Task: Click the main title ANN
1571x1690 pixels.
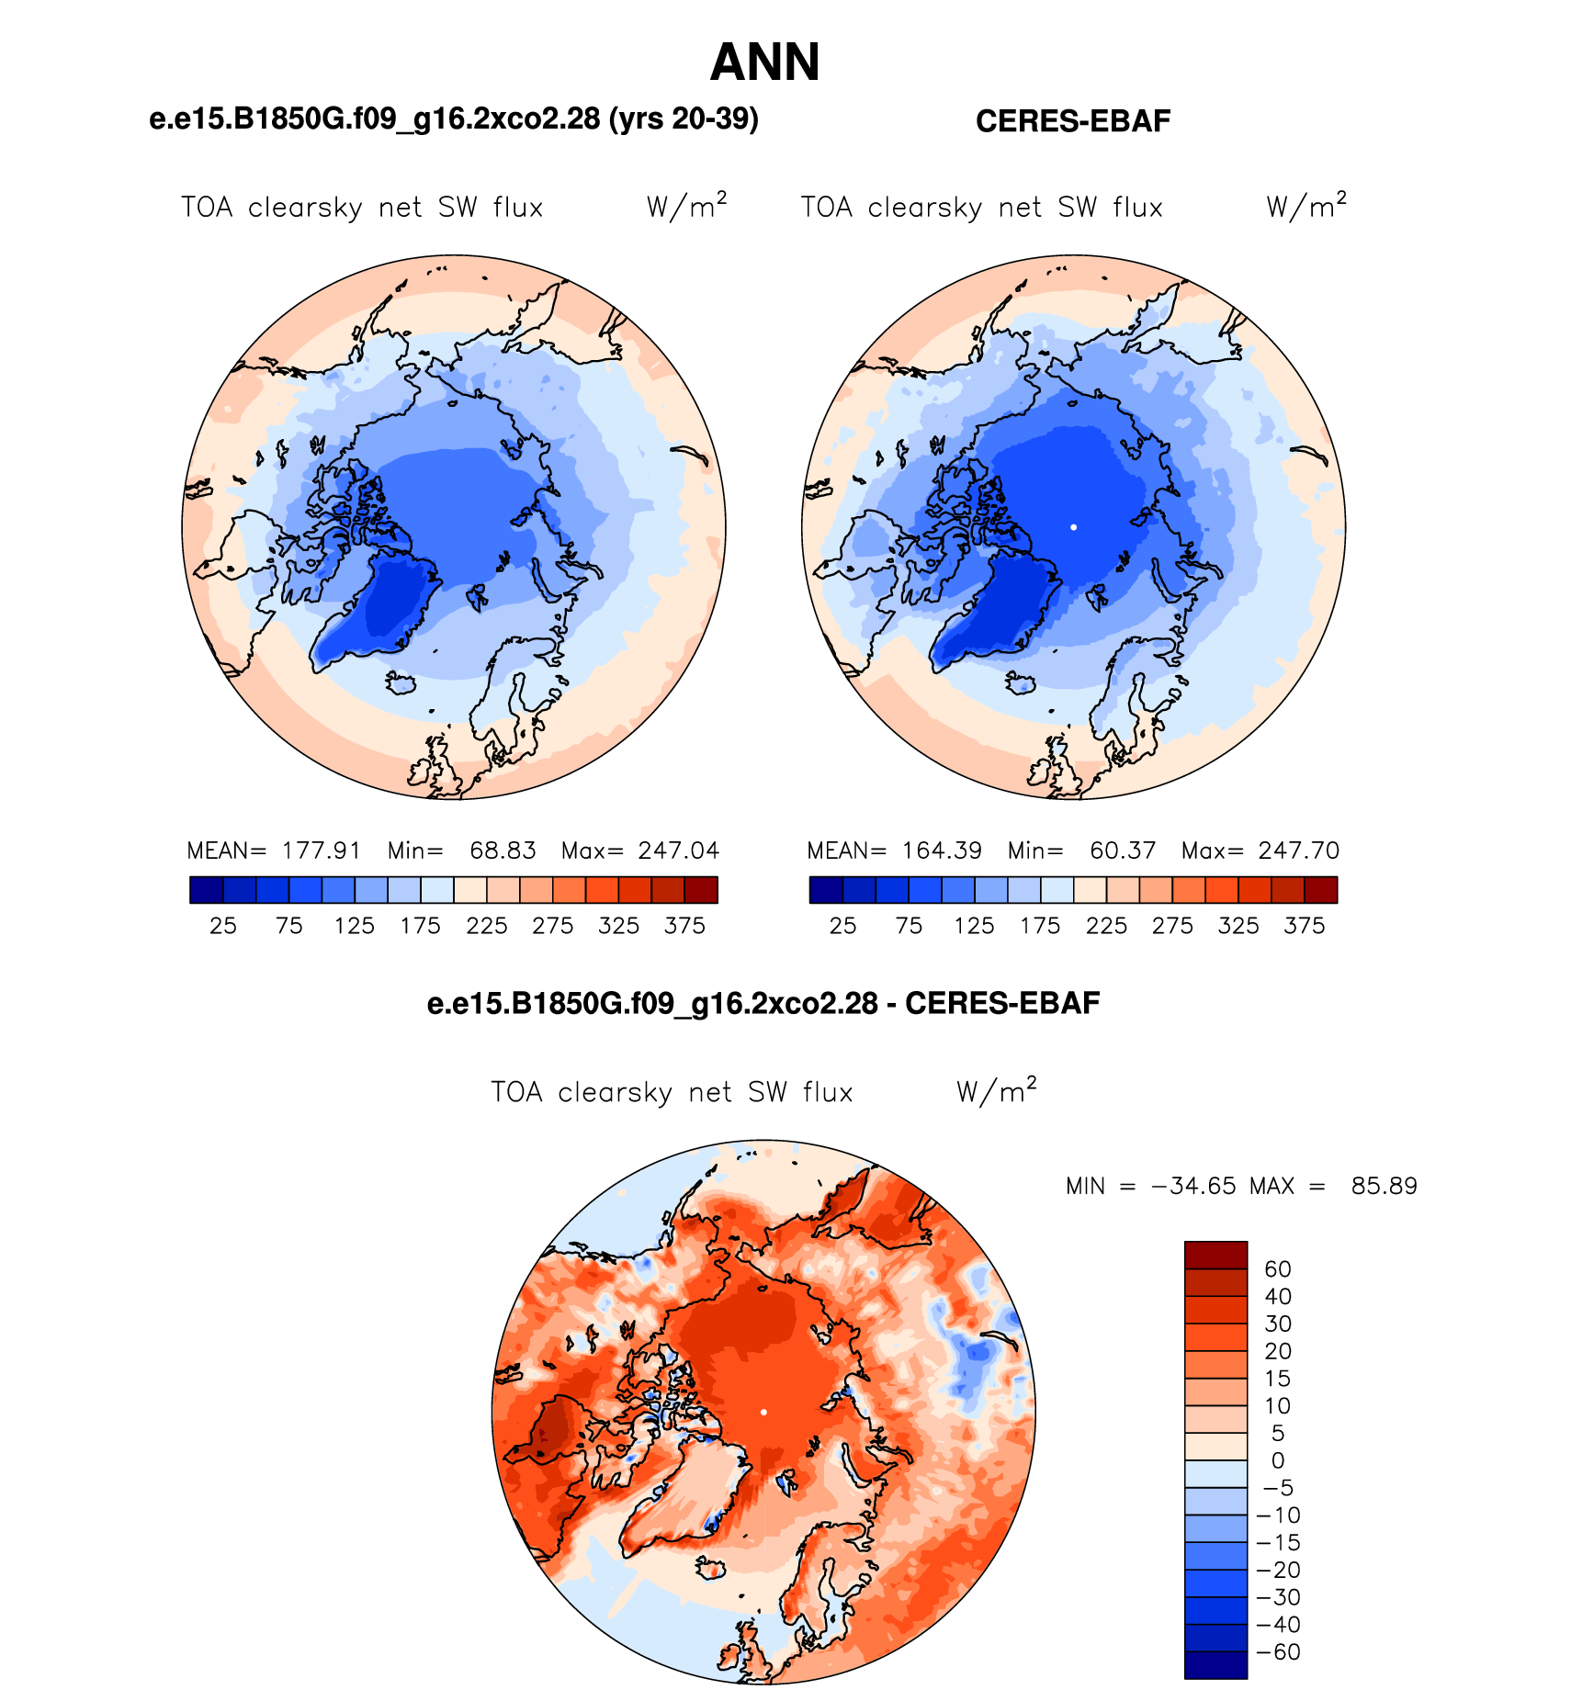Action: point(764,62)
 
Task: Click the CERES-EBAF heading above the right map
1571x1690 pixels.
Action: point(1073,121)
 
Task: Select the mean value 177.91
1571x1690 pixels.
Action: point(322,851)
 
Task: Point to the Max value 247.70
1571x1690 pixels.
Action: point(1299,851)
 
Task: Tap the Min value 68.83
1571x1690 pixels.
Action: point(503,851)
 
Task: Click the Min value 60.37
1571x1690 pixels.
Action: point(1123,851)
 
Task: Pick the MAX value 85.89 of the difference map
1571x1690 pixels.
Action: point(1384,1186)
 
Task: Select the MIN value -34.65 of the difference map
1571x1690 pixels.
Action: point(1193,1186)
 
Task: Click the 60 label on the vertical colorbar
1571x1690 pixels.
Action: point(1278,1269)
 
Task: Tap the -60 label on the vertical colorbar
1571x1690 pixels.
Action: point(1278,1652)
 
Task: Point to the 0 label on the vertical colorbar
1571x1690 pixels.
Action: point(1278,1461)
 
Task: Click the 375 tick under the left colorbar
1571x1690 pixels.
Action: point(684,926)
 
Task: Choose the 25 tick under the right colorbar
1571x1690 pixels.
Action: point(842,926)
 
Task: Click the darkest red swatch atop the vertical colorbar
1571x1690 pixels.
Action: point(1215,1256)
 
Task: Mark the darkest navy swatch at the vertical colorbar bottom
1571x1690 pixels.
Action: point(1215,1665)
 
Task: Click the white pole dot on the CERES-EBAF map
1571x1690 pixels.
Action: point(1073,527)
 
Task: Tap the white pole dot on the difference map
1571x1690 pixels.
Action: point(763,1412)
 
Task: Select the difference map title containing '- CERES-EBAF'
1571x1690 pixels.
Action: point(763,1003)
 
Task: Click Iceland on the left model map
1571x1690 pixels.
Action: point(401,683)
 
